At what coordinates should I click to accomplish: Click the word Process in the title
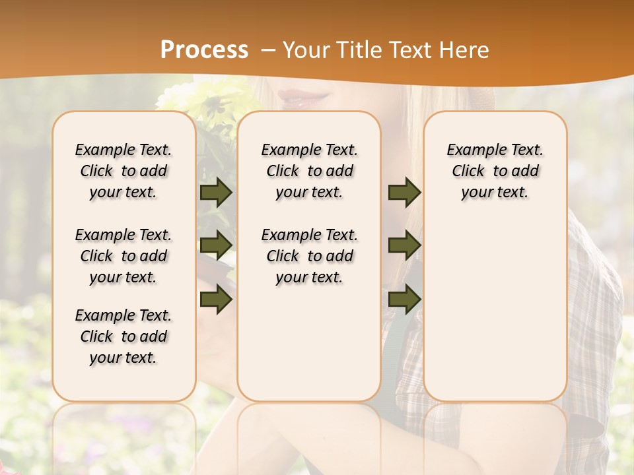tap(204, 50)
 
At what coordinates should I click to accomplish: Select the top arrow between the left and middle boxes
tap(215, 193)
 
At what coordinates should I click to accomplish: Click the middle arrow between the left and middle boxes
tap(215, 245)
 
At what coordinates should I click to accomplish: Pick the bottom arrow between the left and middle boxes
tap(215, 300)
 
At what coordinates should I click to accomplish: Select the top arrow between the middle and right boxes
tap(404, 193)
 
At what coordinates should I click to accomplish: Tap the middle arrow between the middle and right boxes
tap(404, 245)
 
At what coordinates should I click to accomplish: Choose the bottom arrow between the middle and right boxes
tap(404, 300)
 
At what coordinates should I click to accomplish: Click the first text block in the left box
tap(123, 171)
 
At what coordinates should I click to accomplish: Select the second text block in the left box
tap(123, 256)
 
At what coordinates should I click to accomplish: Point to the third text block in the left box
tap(123, 336)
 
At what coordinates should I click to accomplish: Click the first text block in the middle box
tap(310, 171)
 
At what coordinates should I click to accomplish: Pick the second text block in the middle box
tap(310, 256)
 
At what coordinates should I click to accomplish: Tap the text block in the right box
tap(495, 171)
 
